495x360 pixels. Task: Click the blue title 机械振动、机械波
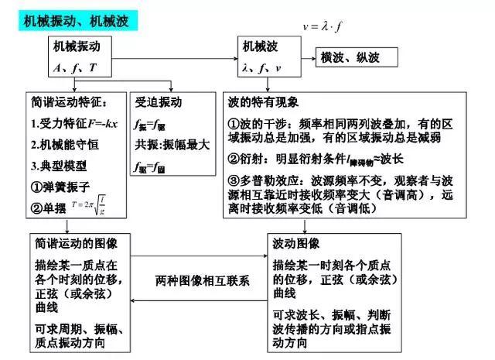[73, 17]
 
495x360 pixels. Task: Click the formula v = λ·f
[323, 26]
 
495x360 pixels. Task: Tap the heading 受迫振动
[159, 101]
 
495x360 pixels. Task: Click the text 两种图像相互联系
[203, 279]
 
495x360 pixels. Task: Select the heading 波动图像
[298, 244]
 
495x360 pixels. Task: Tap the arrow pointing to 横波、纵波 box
[305, 57]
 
